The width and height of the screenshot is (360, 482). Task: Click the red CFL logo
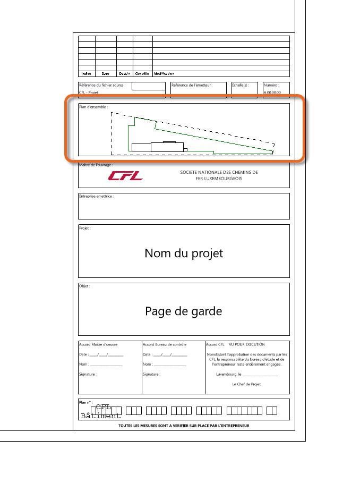(x=125, y=175)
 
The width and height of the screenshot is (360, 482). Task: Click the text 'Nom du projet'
(x=184, y=253)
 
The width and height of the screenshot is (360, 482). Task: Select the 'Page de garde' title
(x=184, y=311)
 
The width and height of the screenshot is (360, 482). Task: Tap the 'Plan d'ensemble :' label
(x=93, y=107)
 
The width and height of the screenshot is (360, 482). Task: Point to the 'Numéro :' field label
(x=271, y=85)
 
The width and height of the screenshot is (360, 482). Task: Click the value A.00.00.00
(x=272, y=92)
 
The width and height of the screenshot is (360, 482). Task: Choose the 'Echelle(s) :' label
(x=241, y=85)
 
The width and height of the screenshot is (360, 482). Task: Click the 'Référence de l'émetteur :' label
(x=192, y=85)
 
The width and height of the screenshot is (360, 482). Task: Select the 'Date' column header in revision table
(x=106, y=74)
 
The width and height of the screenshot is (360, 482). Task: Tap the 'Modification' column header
(x=164, y=74)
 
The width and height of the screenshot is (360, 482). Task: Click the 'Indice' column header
(x=87, y=74)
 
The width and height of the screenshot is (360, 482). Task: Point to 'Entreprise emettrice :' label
(x=96, y=196)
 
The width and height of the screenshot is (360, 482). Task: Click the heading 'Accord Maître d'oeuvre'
(x=98, y=344)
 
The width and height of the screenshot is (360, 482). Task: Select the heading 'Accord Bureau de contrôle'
(x=165, y=344)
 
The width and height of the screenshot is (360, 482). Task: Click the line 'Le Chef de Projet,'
(x=247, y=384)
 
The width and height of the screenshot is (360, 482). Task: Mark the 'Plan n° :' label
(x=85, y=402)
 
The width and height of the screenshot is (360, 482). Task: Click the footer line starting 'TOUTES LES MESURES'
(x=184, y=426)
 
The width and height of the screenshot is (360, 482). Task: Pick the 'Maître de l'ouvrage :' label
(x=96, y=165)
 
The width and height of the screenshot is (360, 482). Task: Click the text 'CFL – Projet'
(x=89, y=92)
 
